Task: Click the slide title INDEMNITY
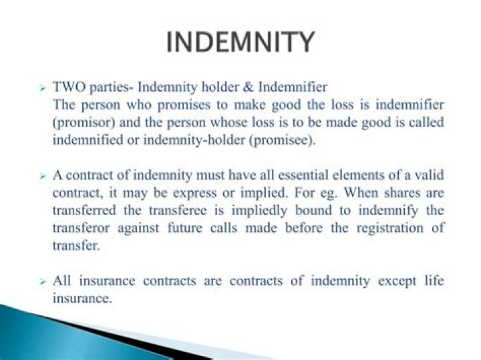(x=240, y=41)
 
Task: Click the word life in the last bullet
(x=435, y=280)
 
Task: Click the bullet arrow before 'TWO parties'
(x=41, y=88)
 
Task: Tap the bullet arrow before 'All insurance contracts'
(x=41, y=281)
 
